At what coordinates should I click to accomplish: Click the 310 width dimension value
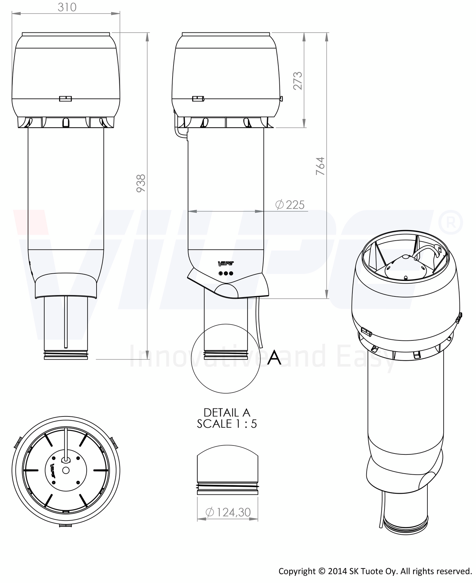pyautogui.click(x=67, y=7)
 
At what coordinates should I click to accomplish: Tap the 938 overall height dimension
pyautogui.click(x=141, y=183)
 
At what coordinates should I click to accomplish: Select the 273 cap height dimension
pyautogui.click(x=298, y=80)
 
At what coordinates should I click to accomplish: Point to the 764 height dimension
pyautogui.click(x=320, y=166)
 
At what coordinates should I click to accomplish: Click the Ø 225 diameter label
pyautogui.click(x=290, y=205)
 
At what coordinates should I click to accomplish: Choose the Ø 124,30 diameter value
pyautogui.click(x=228, y=512)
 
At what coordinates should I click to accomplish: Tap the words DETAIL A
pyautogui.click(x=227, y=413)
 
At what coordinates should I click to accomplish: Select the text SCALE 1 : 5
pyautogui.click(x=227, y=424)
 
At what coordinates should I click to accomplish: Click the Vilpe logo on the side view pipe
pyautogui.click(x=226, y=263)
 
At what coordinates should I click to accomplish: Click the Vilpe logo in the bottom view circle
pyautogui.click(x=53, y=471)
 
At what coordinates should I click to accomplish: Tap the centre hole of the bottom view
pyautogui.click(x=65, y=470)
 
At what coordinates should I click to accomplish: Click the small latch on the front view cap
pyautogui.click(x=65, y=98)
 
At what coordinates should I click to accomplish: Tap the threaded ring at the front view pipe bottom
pyautogui.click(x=66, y=356)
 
